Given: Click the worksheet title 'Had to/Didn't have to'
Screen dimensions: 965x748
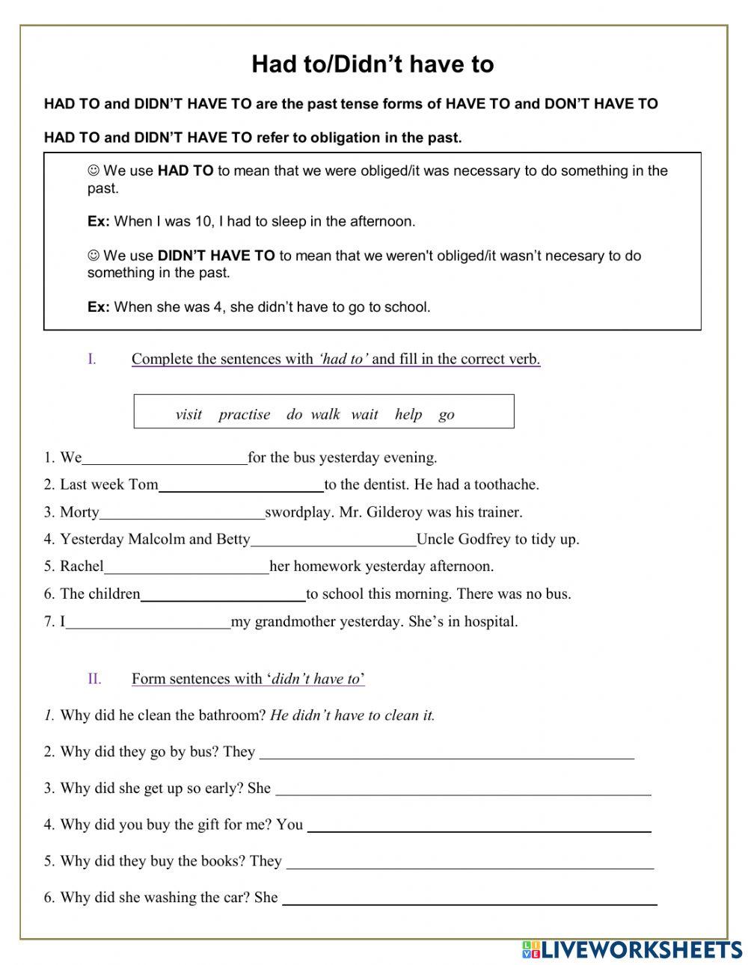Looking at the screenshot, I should tap(373, 64).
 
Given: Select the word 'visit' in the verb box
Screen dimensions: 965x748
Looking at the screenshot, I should tap(188, 414).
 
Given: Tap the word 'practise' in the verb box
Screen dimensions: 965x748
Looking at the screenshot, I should tap(244, 414).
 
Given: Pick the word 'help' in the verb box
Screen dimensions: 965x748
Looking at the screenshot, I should tap(408, 414).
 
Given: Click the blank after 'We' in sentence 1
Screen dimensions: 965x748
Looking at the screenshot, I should tap(165, 458).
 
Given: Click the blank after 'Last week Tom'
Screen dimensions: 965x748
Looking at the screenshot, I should tap(241, 485).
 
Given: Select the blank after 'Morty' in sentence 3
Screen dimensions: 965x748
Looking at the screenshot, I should tap(182, 513).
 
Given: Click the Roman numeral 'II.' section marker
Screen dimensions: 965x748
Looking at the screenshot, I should tap(94, 679).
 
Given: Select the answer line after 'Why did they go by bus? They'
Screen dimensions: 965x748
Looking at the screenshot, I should tap(447, 752).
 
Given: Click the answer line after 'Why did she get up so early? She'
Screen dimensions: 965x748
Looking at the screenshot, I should tap(463, 789).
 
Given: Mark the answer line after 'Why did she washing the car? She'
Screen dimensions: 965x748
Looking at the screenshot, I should tap(469, 898).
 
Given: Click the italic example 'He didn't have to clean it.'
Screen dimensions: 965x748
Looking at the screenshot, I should tap(352, 715).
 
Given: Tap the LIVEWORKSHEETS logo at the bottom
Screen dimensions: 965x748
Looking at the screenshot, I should tap(631, 949).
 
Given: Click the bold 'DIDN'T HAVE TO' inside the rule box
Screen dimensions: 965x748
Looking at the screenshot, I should tap(216, 256).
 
